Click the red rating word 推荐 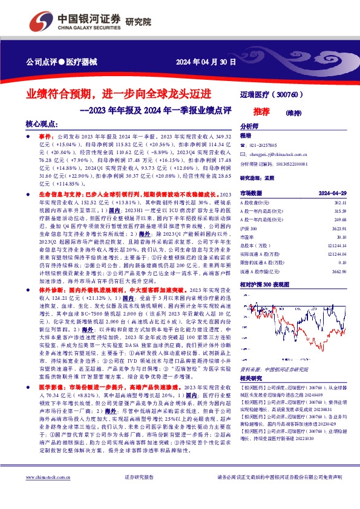[262, 112]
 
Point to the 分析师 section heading [249, 126]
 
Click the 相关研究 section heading [252, 377]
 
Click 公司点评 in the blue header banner [41, 62]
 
